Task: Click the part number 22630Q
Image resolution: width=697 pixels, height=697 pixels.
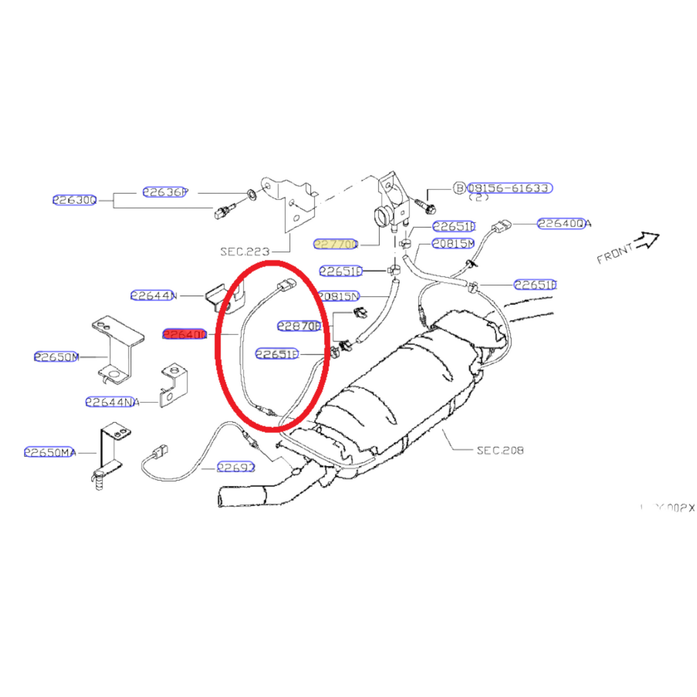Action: click(x=75, y=200)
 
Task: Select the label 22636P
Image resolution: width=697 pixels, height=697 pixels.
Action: click(x=165, y=192)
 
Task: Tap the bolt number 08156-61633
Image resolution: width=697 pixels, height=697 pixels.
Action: click(x=509, y=188)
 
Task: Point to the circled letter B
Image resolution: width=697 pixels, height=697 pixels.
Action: click(x=460, y=188)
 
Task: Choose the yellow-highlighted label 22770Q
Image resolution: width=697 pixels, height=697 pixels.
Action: click(x=336, y=244)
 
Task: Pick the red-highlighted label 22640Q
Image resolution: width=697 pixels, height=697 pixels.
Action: click(x=185, y=334)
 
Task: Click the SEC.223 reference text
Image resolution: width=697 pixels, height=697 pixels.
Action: click(x=245, y=251)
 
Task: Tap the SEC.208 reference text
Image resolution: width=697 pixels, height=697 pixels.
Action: click(x=500, y=451)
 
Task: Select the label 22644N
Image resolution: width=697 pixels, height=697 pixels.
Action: click(x=153, y=295)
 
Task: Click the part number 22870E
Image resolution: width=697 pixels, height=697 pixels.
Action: click(x=299, y=326)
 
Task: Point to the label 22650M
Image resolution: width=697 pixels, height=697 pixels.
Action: click(x=56, y=357)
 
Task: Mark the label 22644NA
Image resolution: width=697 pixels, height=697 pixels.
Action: click(x=112, y=402)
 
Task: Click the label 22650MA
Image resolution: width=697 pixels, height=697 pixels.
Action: click(x=50, y=452)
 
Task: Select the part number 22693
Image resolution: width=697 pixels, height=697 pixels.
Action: click(x=236, y=467)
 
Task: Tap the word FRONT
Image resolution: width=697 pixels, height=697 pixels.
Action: click(x=615, y=253)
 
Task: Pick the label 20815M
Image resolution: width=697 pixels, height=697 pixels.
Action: click(x=453, y=244)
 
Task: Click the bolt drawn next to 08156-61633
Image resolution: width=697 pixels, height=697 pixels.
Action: click(x=425, y=206)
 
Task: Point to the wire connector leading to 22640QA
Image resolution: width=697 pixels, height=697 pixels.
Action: click(x=501, y=226)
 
